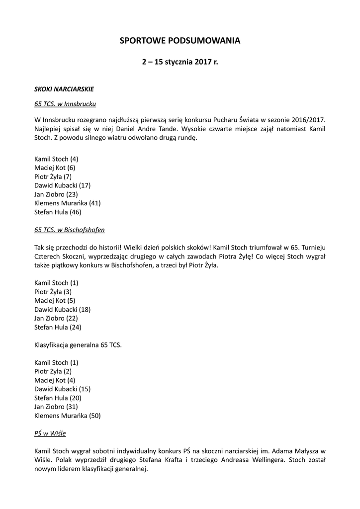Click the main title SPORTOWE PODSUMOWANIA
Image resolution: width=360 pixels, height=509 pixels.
click(180, 41)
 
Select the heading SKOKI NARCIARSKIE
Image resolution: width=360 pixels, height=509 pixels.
click(64, 89)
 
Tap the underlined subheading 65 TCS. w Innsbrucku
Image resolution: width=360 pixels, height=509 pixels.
click(65, 104)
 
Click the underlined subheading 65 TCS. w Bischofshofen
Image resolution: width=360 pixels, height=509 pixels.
click(70, 230)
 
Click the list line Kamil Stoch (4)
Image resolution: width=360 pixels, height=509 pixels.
click(56, 159)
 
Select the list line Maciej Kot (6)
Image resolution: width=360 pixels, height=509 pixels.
click(55, 168)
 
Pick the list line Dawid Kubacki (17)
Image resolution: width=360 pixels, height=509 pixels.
click(62, 185)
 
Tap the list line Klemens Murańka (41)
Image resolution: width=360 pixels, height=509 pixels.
click(68, 203)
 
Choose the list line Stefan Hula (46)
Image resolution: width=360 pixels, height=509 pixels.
click(58, 212)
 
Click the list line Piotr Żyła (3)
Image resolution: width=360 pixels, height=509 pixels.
click(53, 292)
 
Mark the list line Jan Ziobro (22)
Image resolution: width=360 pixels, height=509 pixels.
click(56, 318)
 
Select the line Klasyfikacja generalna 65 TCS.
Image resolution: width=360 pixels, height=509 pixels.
click(78, 344)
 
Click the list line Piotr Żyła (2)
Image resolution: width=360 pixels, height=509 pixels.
click(53, 371)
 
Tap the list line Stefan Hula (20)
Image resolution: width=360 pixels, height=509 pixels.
click(58, 398)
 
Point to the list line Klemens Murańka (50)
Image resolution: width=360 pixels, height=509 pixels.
click(68, 415)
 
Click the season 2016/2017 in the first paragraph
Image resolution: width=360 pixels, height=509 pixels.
click(306, 120)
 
